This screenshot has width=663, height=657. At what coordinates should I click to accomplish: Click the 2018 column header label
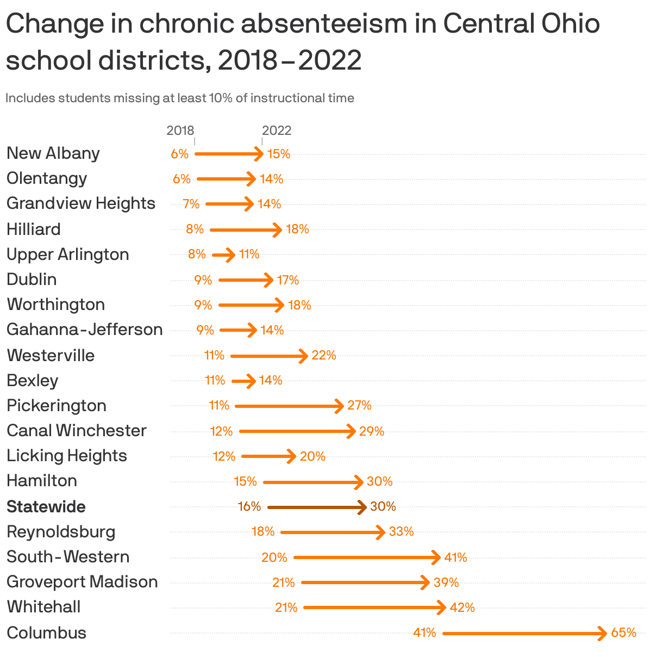pyautogui.click(x=180, y=131)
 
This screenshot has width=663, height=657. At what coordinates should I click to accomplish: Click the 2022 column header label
pyautogui.click(x=277, y=131)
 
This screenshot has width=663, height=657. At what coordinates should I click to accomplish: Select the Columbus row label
pyautogui.click(x=47, y=633)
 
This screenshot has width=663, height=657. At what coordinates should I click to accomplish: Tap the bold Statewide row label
pyautogui.click(x=46, y=507)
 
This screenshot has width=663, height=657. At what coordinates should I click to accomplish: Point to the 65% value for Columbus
pyautogui.click(x=624, y=633)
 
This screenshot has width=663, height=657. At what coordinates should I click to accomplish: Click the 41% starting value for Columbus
pyautogui.click(x=424, y=633)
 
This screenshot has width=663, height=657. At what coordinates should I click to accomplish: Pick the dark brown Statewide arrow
pyautogui.click(x=317, y=507)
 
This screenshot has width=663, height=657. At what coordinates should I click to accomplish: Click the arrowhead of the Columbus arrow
pyautogui.click(x=602, y=634)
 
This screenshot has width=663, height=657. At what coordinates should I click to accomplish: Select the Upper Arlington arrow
pyautogui.click(x=223, y=255)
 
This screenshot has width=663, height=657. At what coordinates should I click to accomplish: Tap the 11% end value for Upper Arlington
pyautogui.click(x=249, y=255)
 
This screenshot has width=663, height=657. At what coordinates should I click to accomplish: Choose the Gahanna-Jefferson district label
pyautogui.click(x=85, y=330)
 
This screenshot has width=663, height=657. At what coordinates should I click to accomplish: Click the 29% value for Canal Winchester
pyautogui.click(x=372, y=432)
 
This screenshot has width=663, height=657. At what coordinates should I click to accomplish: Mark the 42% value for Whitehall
pyautogui.click(x=462, y=608)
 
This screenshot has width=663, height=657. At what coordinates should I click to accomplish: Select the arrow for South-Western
pyautogui.click(x=366, y=557)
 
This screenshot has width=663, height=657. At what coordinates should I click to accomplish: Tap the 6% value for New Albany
pyautogui.click(x=179, y=154)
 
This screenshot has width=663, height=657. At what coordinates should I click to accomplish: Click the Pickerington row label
pyautogui.click(x=57, y=406)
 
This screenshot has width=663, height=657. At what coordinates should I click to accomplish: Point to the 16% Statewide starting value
pyautogui.click(x=249, y=507)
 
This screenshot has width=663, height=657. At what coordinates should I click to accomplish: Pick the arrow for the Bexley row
pyautogui.click(x=243, y=381)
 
